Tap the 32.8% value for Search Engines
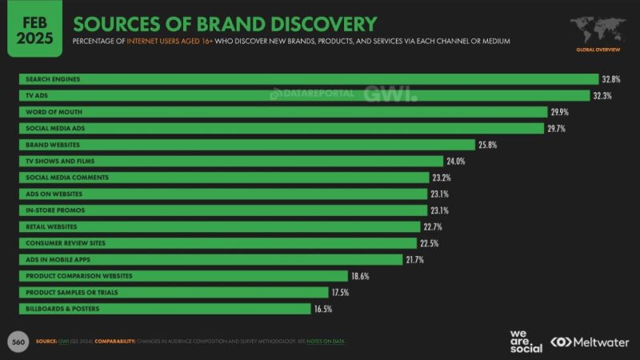click(x=611, y=79)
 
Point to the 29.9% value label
click(x=560, y=112)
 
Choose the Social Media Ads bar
click(x=281, y=128)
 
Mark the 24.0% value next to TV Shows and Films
click(x=456, y=161)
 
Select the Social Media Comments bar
click(x=224, y=178)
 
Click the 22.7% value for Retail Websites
click(x=433, y=226)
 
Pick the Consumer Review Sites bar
click(x=217, y=243)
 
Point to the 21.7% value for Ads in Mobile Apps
click(x=415, y=259)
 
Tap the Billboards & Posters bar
click(x=164, y=309)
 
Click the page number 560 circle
click(x=17, y=342)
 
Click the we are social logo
click(x=526, y=340)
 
